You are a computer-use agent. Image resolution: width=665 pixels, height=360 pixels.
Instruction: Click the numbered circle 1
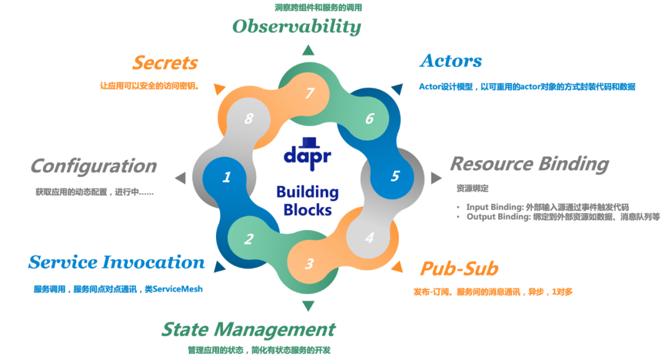pos(226,177)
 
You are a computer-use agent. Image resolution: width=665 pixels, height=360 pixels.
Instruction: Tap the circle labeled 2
pos(249,239)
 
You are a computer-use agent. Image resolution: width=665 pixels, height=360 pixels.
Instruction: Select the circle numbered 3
pos(310,264)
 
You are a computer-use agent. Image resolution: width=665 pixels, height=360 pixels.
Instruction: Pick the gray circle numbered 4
pos(369,238)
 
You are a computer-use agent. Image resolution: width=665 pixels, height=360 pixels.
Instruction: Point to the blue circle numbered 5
pos(395,177)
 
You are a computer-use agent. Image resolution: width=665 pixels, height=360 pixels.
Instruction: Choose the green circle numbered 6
pos(369,118)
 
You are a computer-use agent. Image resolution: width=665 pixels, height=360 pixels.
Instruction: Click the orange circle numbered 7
pos(310,93)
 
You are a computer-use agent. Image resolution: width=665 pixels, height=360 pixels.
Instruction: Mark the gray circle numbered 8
pos(249,119)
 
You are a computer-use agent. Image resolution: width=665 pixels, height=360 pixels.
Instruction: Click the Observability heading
pos(296,26)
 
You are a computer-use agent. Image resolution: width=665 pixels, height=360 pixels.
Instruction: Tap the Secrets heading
pos(165,63)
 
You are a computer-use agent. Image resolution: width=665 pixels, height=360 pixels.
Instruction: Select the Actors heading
pos(450,61)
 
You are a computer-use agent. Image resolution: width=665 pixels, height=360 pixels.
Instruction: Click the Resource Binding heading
pos(529,164)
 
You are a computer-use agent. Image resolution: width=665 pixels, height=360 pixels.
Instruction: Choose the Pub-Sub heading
pos(459,268)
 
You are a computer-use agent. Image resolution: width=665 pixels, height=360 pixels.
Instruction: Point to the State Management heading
pos(248,329)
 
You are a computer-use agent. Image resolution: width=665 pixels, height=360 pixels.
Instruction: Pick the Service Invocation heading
pos(116,262)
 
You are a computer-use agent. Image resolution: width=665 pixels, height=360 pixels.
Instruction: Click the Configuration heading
pos(93,166)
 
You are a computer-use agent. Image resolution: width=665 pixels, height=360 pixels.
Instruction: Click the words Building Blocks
pos(307,201)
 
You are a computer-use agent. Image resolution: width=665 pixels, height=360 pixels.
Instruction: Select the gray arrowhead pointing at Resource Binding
pos(436,177)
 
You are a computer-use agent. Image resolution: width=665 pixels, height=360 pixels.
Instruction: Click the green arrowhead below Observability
pos(308,52)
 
